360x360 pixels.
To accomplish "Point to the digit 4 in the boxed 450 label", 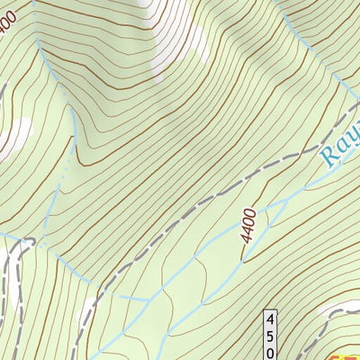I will click(x=270, y=319).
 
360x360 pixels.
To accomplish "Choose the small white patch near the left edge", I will click(x=18, y=135).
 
